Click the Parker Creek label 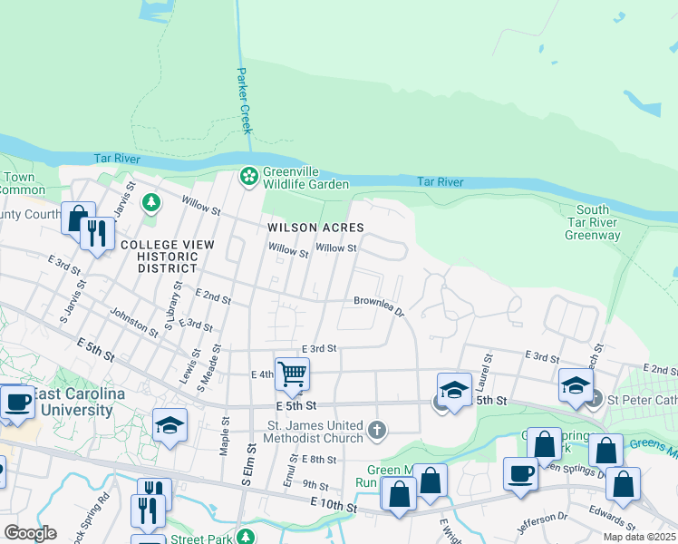click(243, 100)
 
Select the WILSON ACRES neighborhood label click(315, 228)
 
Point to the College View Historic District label click(167, 257)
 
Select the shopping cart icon click(292, 373)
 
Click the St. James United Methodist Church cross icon click(377, 428)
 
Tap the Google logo click(30, 533)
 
